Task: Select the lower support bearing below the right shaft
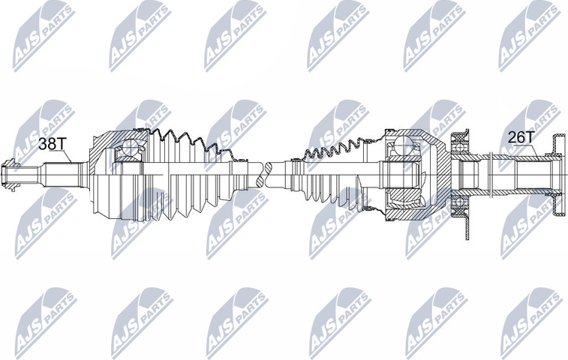click(460, 203)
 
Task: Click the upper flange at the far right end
click(557, 145)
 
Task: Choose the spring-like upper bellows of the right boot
click(338, 148)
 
